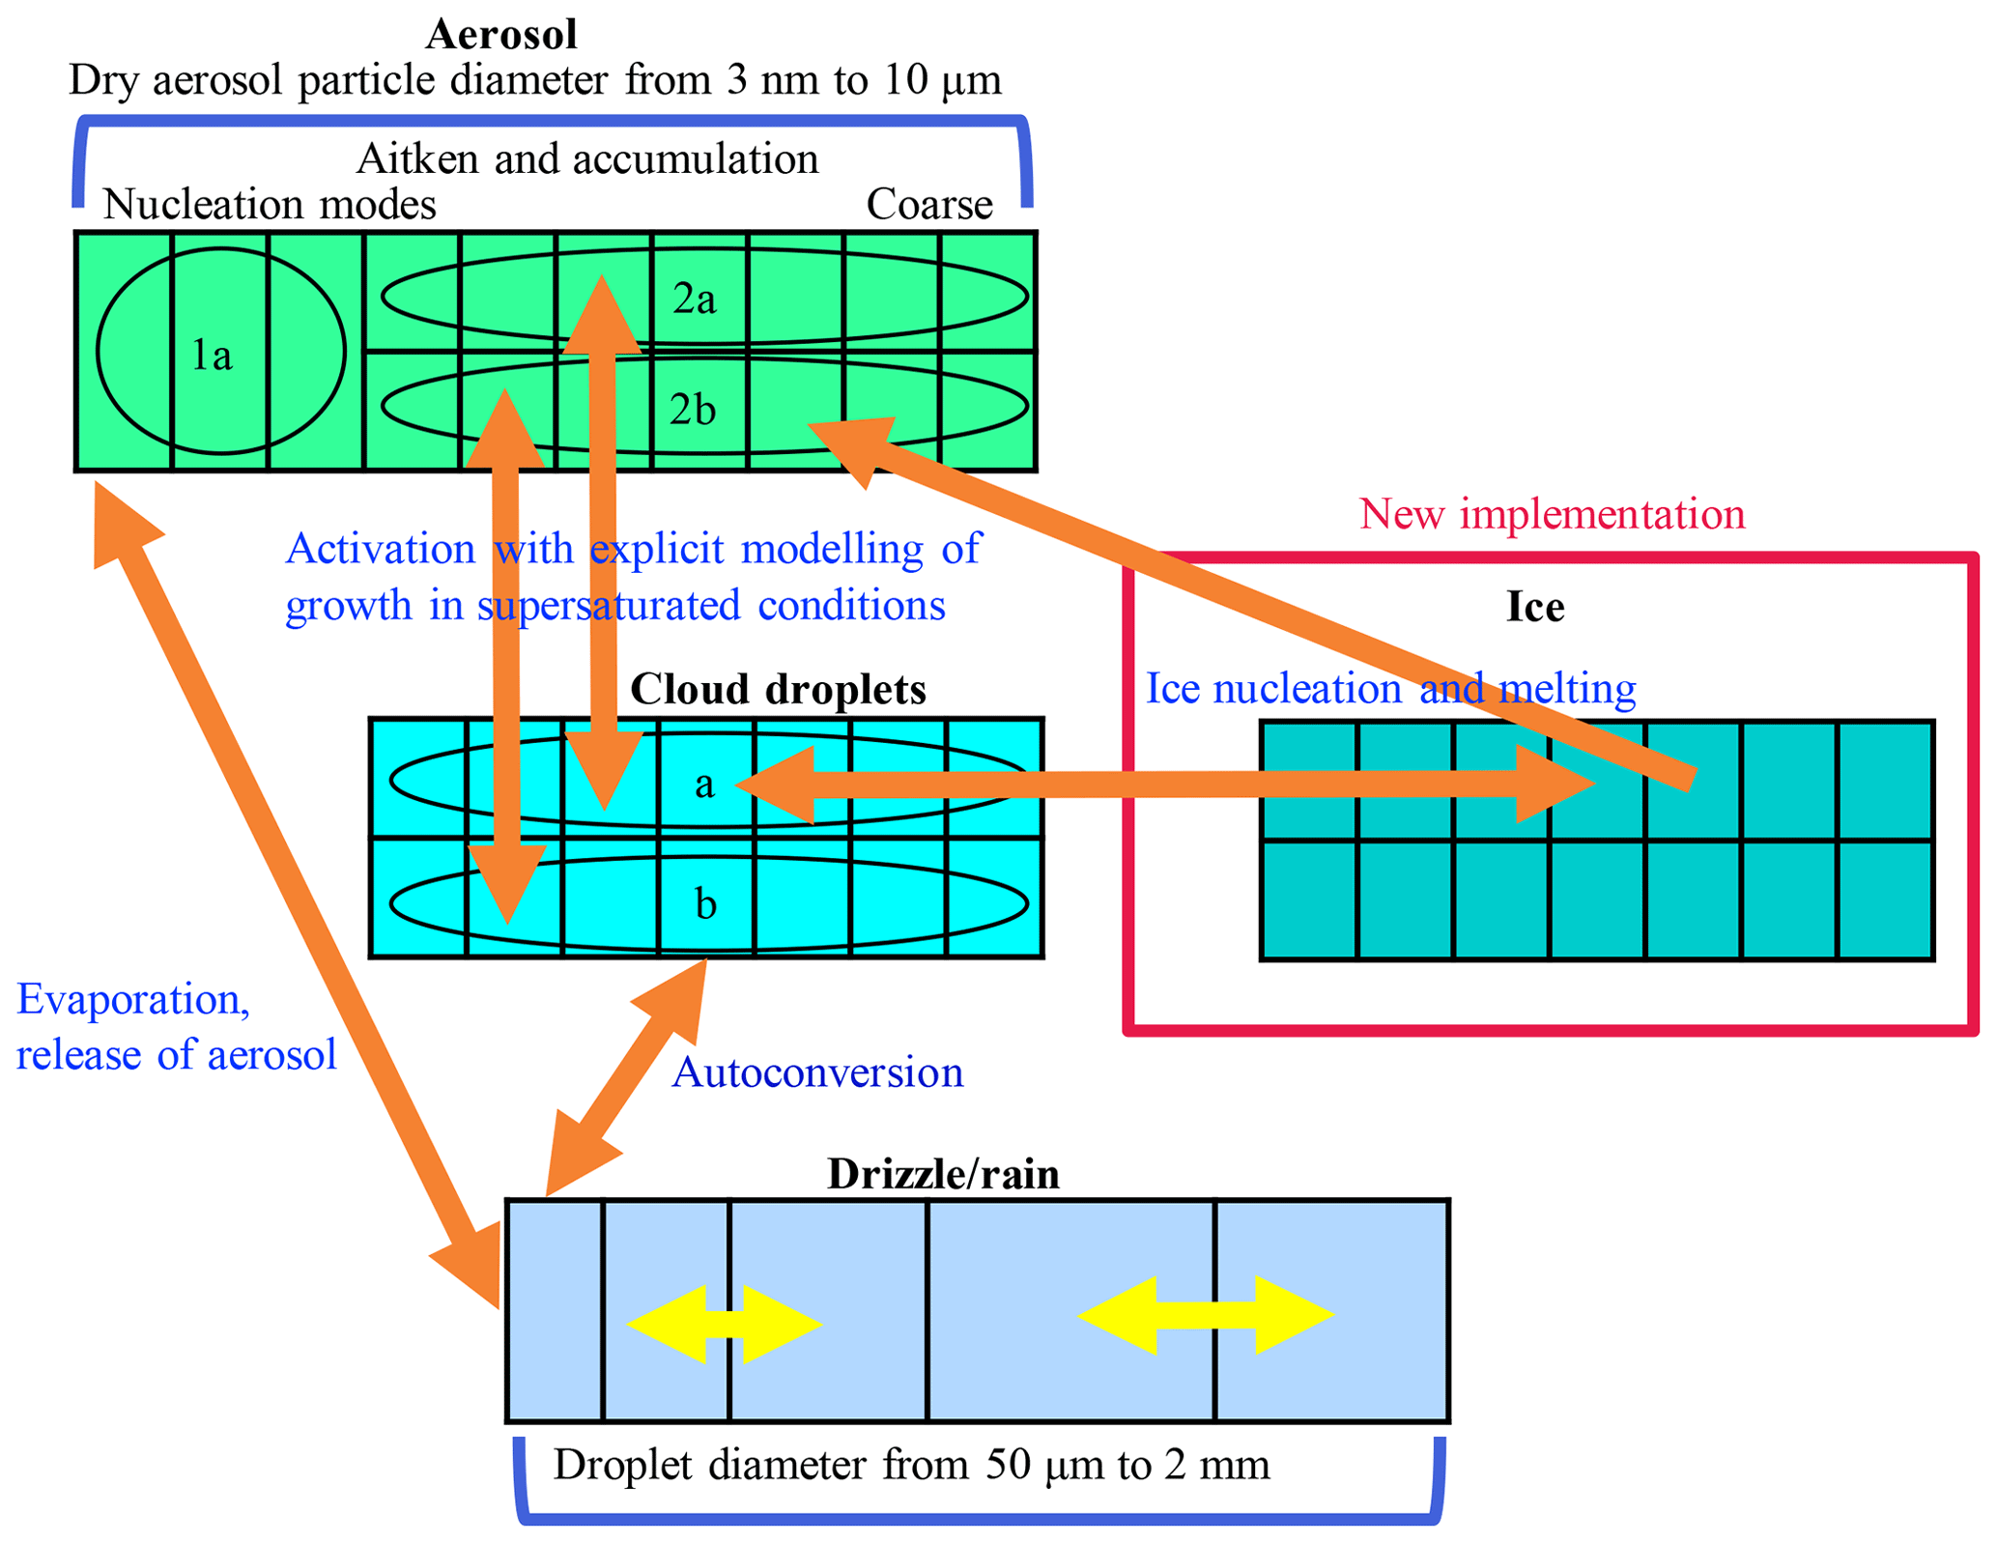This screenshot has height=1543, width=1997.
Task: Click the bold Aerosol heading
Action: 500,36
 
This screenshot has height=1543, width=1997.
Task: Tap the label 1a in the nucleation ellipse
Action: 212,356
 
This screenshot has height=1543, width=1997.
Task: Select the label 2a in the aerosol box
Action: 694,300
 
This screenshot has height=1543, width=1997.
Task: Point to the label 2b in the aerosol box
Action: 692,411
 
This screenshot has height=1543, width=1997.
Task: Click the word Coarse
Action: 928,205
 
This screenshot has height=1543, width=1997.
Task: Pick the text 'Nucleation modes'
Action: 269,205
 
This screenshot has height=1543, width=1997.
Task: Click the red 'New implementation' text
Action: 1552,514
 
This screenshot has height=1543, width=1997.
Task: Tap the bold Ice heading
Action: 1534,608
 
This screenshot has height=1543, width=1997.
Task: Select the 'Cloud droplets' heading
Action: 777,690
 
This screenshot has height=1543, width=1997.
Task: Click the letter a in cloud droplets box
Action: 705,785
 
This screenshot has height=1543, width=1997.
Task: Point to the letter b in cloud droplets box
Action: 705,904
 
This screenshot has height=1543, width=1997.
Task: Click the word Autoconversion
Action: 817,1073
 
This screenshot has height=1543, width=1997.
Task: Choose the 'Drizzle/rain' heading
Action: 943,1175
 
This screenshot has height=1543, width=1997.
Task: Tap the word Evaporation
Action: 133,999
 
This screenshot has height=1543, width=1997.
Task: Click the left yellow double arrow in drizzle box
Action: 725,1324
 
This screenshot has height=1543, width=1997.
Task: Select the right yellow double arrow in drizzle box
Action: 1205,1315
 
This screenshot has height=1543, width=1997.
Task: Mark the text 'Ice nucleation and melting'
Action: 1389,689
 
